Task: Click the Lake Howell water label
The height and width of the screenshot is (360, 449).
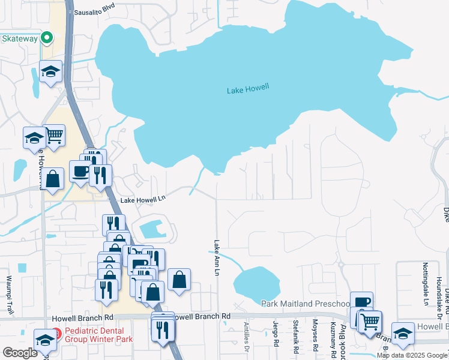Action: pos(248,89)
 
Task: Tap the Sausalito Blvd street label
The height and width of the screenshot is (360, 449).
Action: pos(94,11)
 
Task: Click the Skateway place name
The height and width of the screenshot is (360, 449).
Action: pos(20,38)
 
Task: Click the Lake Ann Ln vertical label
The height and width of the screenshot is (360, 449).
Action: pos(217,258)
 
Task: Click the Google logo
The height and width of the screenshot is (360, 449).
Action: pos(20,353)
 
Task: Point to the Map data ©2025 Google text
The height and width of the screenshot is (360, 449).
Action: pos(412,355)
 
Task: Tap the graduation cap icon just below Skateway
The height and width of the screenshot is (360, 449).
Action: pos(51,71)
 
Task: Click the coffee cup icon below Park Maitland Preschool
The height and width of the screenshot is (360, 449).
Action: pos(361,302)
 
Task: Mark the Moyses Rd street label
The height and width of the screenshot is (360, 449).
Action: pos(315,337)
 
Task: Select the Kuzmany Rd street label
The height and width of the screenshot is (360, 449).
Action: pos(333,337)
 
